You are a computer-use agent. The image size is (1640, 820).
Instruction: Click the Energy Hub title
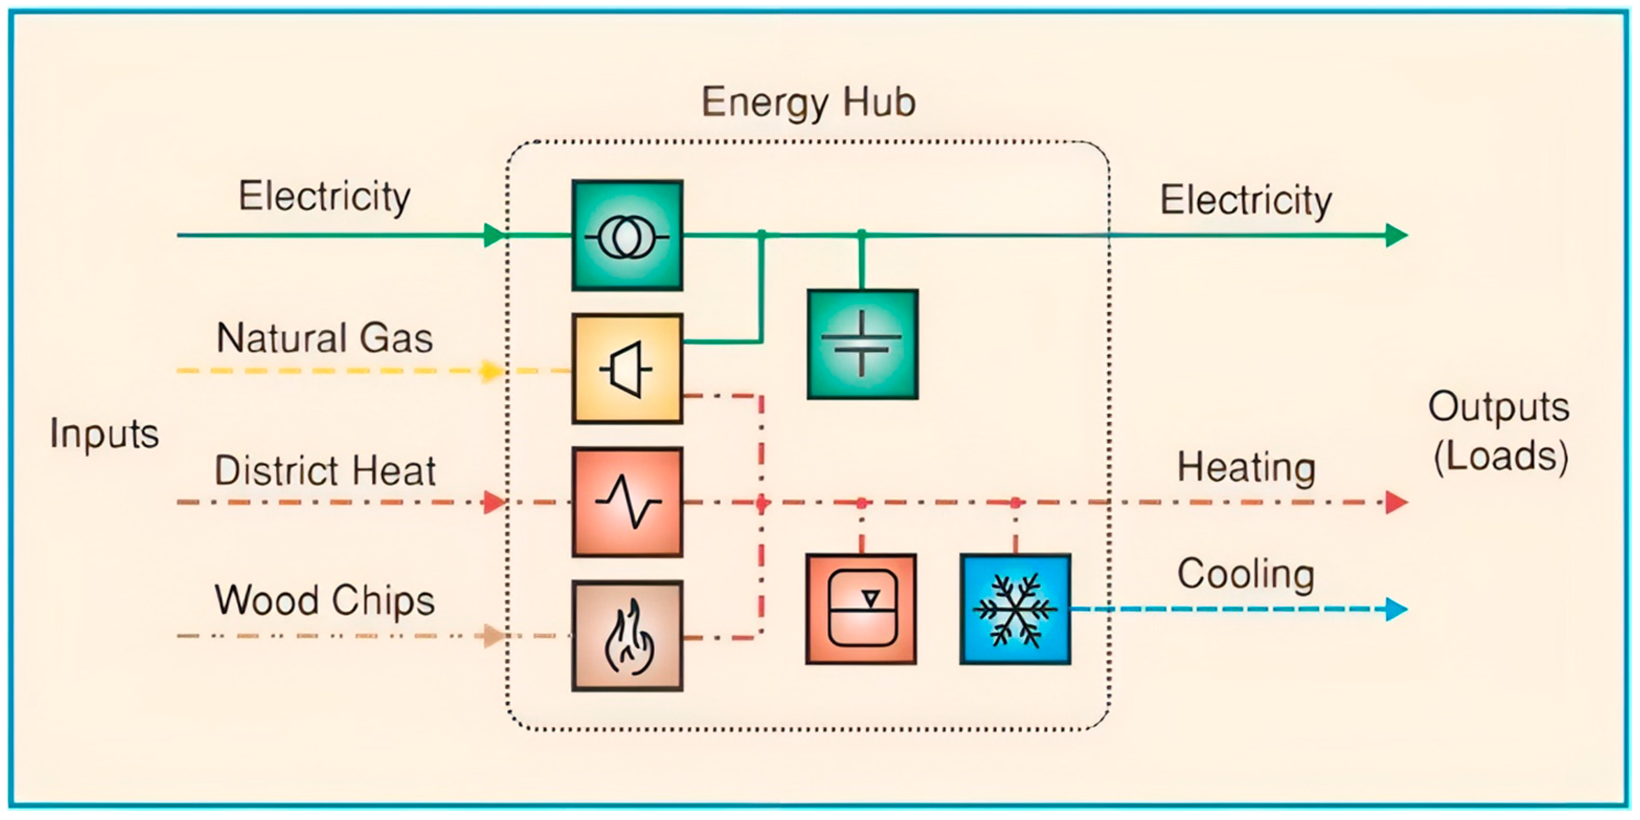click(x=809, y=102)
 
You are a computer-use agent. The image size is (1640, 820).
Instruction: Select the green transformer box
click(x=627, y=235)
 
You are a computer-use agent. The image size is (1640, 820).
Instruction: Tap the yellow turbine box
click(x=627, y=369)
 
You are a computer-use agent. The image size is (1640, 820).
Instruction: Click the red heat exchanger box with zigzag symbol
click(x=627, y=503)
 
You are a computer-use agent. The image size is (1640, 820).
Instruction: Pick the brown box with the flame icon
click(x=627, y=635)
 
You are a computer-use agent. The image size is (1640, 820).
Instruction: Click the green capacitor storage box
click(x=862, y=345)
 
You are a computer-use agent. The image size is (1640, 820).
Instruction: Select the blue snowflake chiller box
click(x=1015, y=609)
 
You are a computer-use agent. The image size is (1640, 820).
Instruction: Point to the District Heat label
click(x=325, y=471)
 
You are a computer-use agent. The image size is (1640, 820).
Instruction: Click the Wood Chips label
click(x=325, y=600)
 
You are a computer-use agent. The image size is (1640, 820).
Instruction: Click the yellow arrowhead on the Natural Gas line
click(x=490, y=371)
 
